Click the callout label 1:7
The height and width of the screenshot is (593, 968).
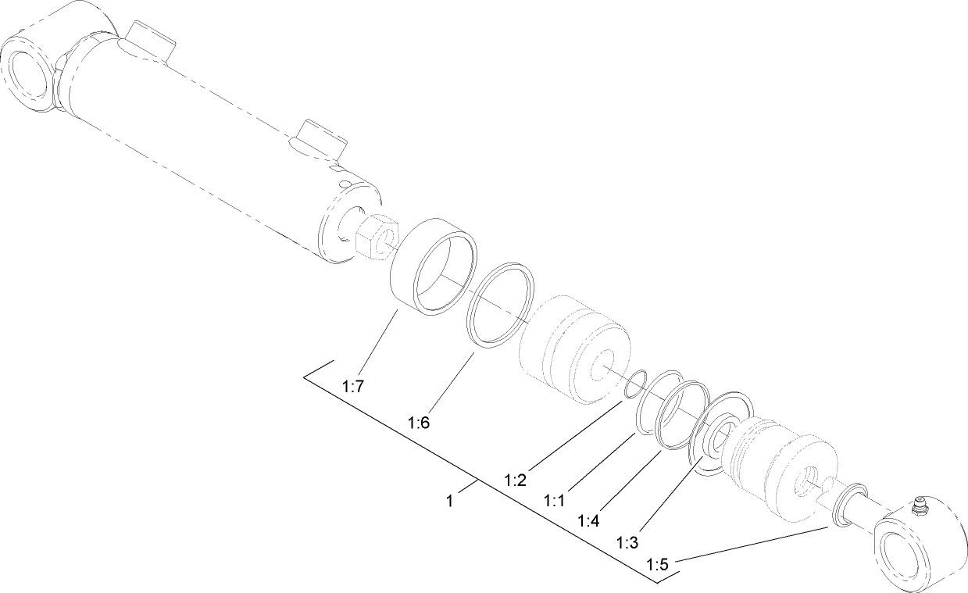[x=352, y=385]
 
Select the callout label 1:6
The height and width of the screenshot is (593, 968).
[x=419, y=423]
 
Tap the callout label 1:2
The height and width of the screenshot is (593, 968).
[x=515, y=479]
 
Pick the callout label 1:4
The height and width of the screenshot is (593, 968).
[x=591, y=520]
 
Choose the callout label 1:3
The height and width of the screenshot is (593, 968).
[x=627, y=541]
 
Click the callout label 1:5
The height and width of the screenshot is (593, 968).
[x=658, y=563]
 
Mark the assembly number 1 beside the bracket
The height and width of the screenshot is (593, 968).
[x=450, y=501]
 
